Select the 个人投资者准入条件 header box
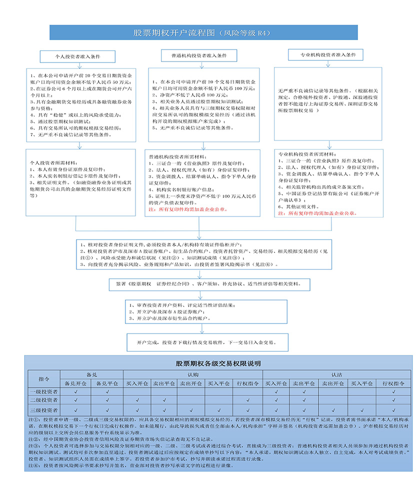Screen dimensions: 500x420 tap(77, 56)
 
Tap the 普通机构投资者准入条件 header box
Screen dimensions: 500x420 tap(199, 56)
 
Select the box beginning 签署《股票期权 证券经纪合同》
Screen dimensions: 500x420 tap(205, 283)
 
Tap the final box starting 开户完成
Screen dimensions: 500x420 tap(205, 343)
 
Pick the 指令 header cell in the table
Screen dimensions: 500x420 tap(44, 378)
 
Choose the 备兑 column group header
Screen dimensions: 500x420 tap(91, 373)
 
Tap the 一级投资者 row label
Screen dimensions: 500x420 tap(44, 392)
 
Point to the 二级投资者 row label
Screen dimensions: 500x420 tap(44, 400)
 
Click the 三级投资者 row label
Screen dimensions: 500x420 tap(44, 410)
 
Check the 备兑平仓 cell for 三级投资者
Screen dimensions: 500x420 tap(107, 410)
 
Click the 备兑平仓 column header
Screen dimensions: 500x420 tap(107, 383)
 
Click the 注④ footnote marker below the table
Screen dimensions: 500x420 tap(33, 465)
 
